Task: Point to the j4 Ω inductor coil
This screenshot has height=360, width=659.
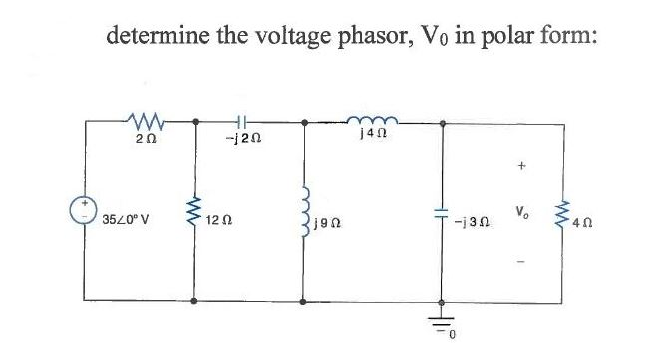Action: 371,120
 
